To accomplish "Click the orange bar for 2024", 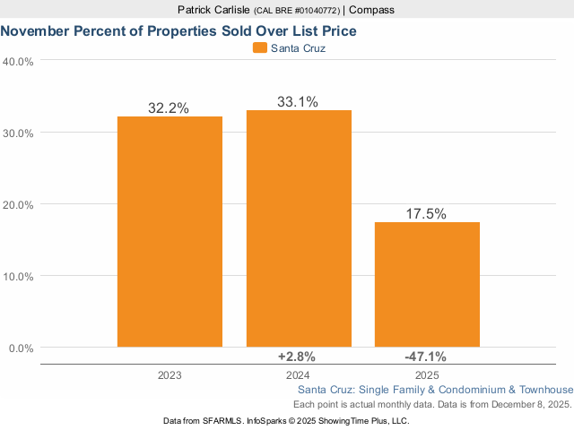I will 299,228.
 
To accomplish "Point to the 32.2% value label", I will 169,107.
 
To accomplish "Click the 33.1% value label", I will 297,102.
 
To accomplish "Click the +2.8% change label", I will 297,357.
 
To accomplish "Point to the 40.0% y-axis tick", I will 19,62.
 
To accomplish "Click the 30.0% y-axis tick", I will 19,133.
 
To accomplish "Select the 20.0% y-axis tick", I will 19,204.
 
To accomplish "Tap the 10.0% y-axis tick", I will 19,276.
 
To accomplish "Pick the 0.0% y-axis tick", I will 22,348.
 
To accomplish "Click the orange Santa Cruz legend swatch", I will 260,48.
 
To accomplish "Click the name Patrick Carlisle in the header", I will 213,10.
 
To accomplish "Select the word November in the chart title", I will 37,30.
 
